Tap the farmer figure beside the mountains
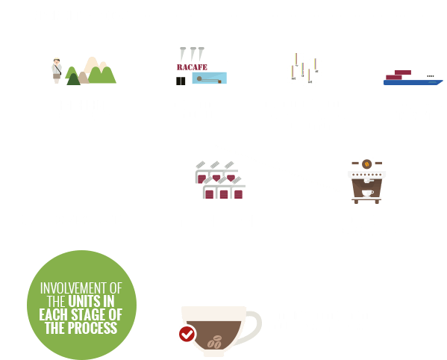[56, 69]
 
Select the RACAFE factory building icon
[201, 66]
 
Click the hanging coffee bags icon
[304, 68]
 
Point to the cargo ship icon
[412, 76]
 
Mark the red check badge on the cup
[186, 334]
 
